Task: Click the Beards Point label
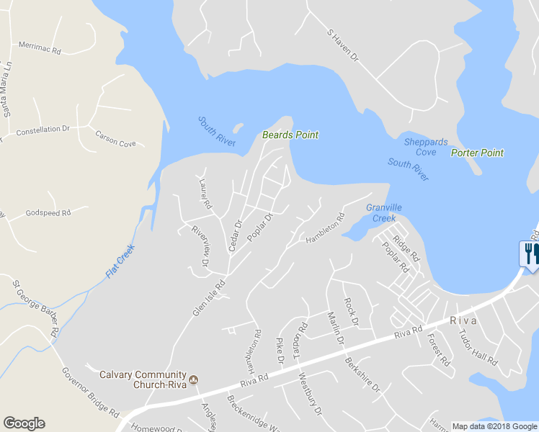coord(290,135)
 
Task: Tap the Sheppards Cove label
coord(425,147)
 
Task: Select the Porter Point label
coord(477,153)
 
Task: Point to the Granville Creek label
coord(381,212)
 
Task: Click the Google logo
coord(24,423)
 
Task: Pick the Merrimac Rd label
coord(40,48)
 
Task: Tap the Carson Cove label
coord(115,139)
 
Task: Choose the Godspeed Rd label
coord(48,213)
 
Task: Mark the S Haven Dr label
coord(342,45)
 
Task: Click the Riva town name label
coord(464,320)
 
